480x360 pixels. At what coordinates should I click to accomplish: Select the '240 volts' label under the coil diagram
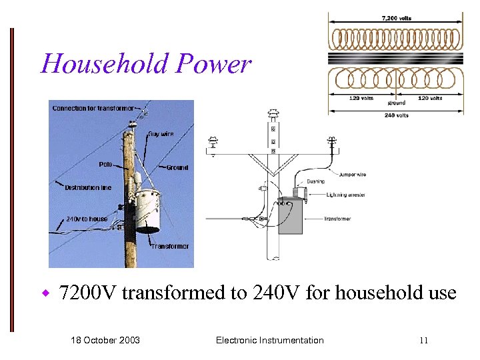pos(396,115)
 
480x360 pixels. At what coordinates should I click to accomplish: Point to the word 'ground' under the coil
pos(396,103)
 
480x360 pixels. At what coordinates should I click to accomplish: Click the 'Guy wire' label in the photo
pos(161,134)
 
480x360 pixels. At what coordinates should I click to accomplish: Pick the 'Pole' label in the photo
pos(105,164)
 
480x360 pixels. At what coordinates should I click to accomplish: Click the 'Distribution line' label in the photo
pos(88,187)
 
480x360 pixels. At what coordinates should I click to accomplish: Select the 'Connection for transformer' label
pos(93,108)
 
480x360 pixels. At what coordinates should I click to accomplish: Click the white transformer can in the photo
pos(148,209)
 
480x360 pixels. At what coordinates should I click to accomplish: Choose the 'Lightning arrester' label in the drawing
pos(346,195)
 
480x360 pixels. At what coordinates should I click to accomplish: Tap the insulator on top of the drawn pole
pos(272,115)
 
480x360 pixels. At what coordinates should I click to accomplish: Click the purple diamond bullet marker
pos(46,293)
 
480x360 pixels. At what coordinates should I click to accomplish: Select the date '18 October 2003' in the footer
pos(105,340)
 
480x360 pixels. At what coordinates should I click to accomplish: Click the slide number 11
pos(423,341)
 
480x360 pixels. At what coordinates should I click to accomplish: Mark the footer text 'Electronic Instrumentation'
pos(269,340)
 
